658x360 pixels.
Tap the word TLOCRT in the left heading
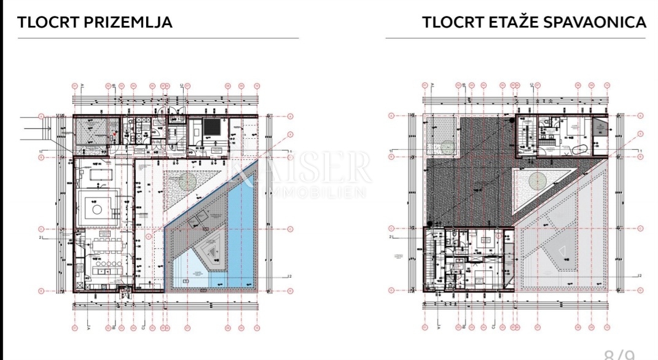click(x=49, y=23)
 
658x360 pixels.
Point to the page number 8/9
click(x=619, y=354)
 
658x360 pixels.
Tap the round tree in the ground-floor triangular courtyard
click(x=187, y=181)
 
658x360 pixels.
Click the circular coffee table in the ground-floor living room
click(x=97, y=209)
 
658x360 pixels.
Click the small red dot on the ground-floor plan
click(x=112, y=139)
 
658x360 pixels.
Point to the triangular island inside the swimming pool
click(x=211, y=251)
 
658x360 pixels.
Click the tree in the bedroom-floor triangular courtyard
click(x=537, y=181)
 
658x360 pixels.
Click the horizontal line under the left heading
click(x=158, y=38)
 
